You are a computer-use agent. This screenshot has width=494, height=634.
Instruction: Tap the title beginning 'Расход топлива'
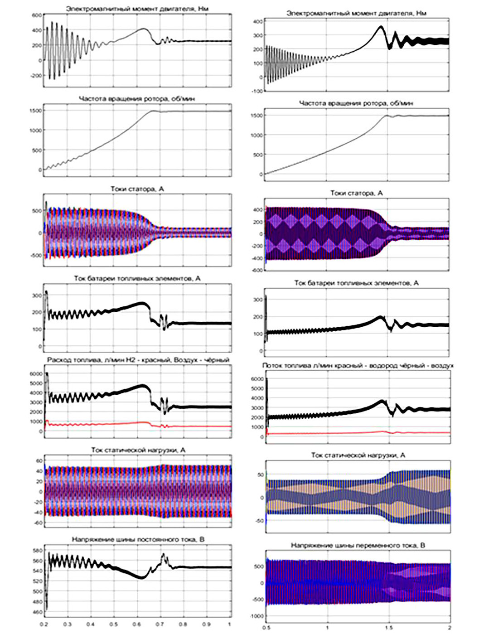138,359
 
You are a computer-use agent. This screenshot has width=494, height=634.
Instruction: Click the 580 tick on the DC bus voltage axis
37,551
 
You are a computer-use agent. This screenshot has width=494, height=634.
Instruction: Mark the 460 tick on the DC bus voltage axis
37,612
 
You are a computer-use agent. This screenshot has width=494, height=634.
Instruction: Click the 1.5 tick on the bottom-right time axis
388,628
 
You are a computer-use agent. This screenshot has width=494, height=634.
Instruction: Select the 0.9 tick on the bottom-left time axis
207,624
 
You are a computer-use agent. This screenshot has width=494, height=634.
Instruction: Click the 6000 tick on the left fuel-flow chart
36,374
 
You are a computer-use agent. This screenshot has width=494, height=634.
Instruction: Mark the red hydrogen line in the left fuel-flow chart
113,424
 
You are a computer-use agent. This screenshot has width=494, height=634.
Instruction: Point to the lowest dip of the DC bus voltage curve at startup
46,609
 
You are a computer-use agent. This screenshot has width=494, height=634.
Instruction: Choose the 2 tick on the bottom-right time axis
449,628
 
